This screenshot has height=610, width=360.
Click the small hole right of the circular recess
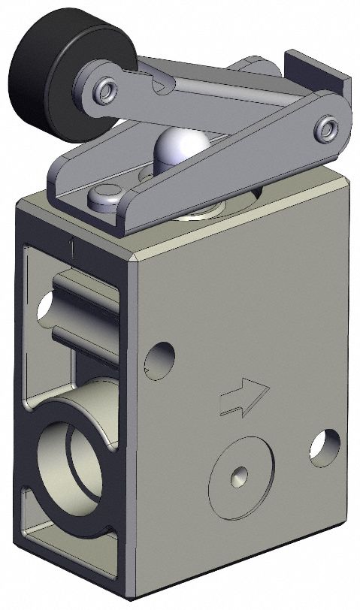point(323,446)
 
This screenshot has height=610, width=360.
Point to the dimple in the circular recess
point(239,474)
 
